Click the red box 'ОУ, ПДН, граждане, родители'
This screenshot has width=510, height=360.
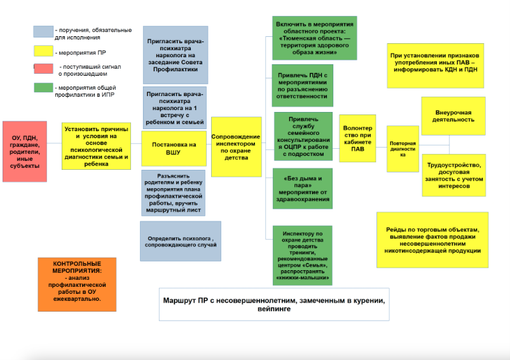pos(25,151)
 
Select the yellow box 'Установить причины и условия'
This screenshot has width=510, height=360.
pos(96,146)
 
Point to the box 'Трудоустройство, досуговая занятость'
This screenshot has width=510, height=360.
pos(453,175)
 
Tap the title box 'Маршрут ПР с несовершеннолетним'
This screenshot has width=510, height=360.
pos(274,303)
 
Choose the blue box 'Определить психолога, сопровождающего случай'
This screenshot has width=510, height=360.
pos(181,241)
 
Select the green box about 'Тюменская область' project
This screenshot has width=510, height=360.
pos(314,38)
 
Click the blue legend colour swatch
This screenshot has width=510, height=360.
pos(43,31)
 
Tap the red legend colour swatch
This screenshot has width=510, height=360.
pos(43,67)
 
